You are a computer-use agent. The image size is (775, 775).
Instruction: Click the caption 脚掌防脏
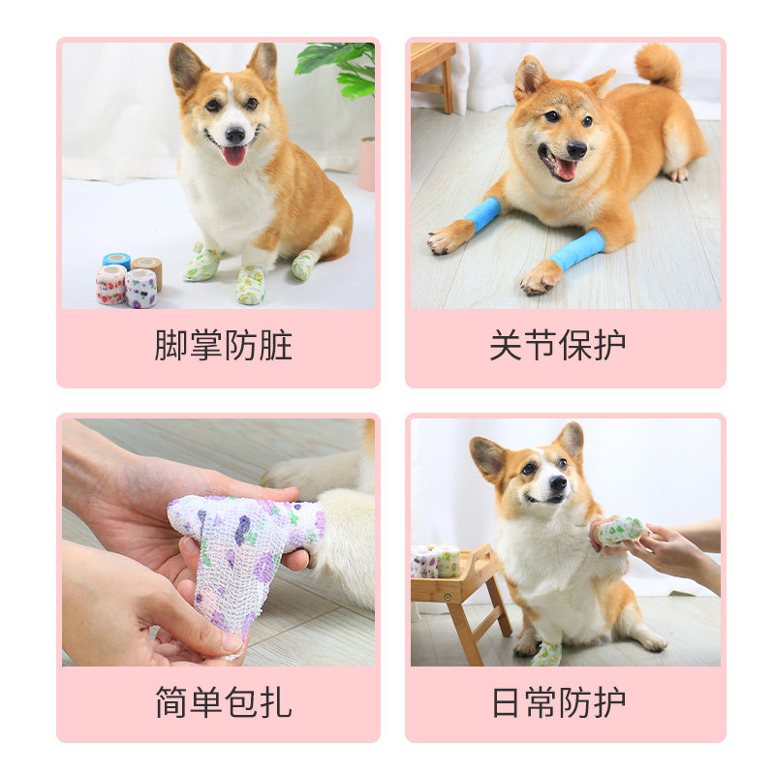click(224, 345)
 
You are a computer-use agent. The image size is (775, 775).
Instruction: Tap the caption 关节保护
click(558, 345)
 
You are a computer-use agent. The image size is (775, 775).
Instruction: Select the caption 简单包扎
click(224, 701)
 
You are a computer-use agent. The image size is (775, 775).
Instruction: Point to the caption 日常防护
click(559, 701)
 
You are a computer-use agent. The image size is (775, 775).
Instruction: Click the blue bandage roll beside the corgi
click(117, 260)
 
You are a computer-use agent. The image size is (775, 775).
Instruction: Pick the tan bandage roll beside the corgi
click(148, 271)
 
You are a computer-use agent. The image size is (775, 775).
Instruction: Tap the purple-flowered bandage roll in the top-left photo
click(140, 289)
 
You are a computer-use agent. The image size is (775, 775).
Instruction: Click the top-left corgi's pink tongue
click(234, 156)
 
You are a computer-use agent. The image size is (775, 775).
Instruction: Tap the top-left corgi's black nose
click(234, 134)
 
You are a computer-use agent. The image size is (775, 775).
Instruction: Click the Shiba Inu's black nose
click(576, 149)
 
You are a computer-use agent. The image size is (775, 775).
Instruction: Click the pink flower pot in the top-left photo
click(366, 164)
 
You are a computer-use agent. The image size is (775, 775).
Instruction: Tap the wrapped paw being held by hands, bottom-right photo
click(620, 531)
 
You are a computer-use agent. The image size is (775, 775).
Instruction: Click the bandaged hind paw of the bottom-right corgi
click(546, 653)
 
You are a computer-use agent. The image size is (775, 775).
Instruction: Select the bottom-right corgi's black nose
click(558, 482)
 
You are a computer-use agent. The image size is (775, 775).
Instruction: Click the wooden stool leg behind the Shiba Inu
click(448, 86)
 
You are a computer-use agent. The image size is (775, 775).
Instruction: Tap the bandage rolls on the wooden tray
click(435, 562)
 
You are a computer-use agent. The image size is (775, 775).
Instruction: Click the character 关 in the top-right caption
click(506, 345)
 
